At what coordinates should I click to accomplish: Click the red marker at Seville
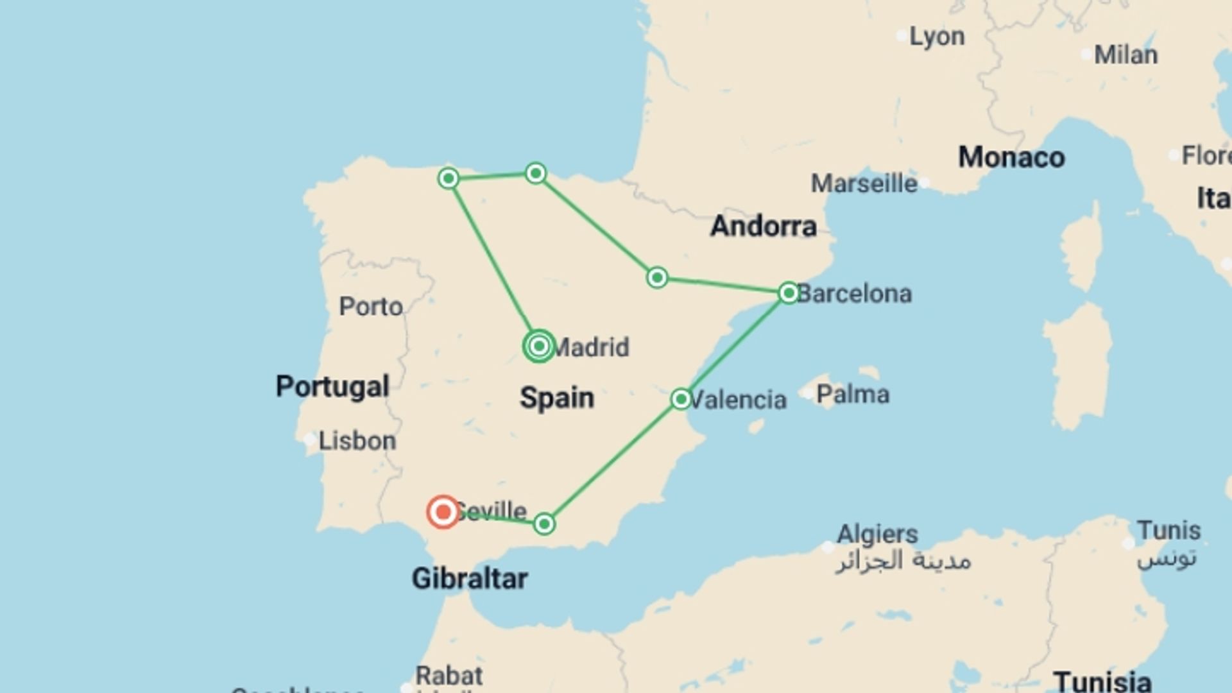[x=443, y=512]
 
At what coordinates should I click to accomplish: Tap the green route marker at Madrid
[x=539, y=346]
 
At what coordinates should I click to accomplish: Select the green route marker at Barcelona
[x=789, y=293]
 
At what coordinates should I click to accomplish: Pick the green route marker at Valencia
[x=681, y=399]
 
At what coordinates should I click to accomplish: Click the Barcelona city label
[x=854, y=294]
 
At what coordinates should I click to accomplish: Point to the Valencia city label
[x=738, y=400]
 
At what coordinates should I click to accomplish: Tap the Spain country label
[x=557, y=398]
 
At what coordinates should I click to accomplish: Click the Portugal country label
[x=332, y=386]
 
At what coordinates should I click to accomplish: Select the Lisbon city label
[x=357, y=441]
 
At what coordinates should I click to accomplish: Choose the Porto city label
[x=371, y=307]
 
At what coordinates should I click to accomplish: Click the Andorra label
[x=764, y=226]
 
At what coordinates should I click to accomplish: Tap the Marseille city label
[x=864, y=184]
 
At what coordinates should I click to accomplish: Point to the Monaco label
[x=1011, y=157]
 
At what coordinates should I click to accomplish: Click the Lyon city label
[x=937, y=37]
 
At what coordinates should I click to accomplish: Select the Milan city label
[x=1125, y=55]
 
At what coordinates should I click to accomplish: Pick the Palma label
[x=853, y=394]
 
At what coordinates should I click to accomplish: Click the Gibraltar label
[x=470, y=579]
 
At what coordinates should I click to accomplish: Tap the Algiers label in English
[x=877, y=534]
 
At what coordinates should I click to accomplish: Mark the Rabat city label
[x=449, y=676]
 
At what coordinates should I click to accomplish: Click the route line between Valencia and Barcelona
[x=735, y=346]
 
